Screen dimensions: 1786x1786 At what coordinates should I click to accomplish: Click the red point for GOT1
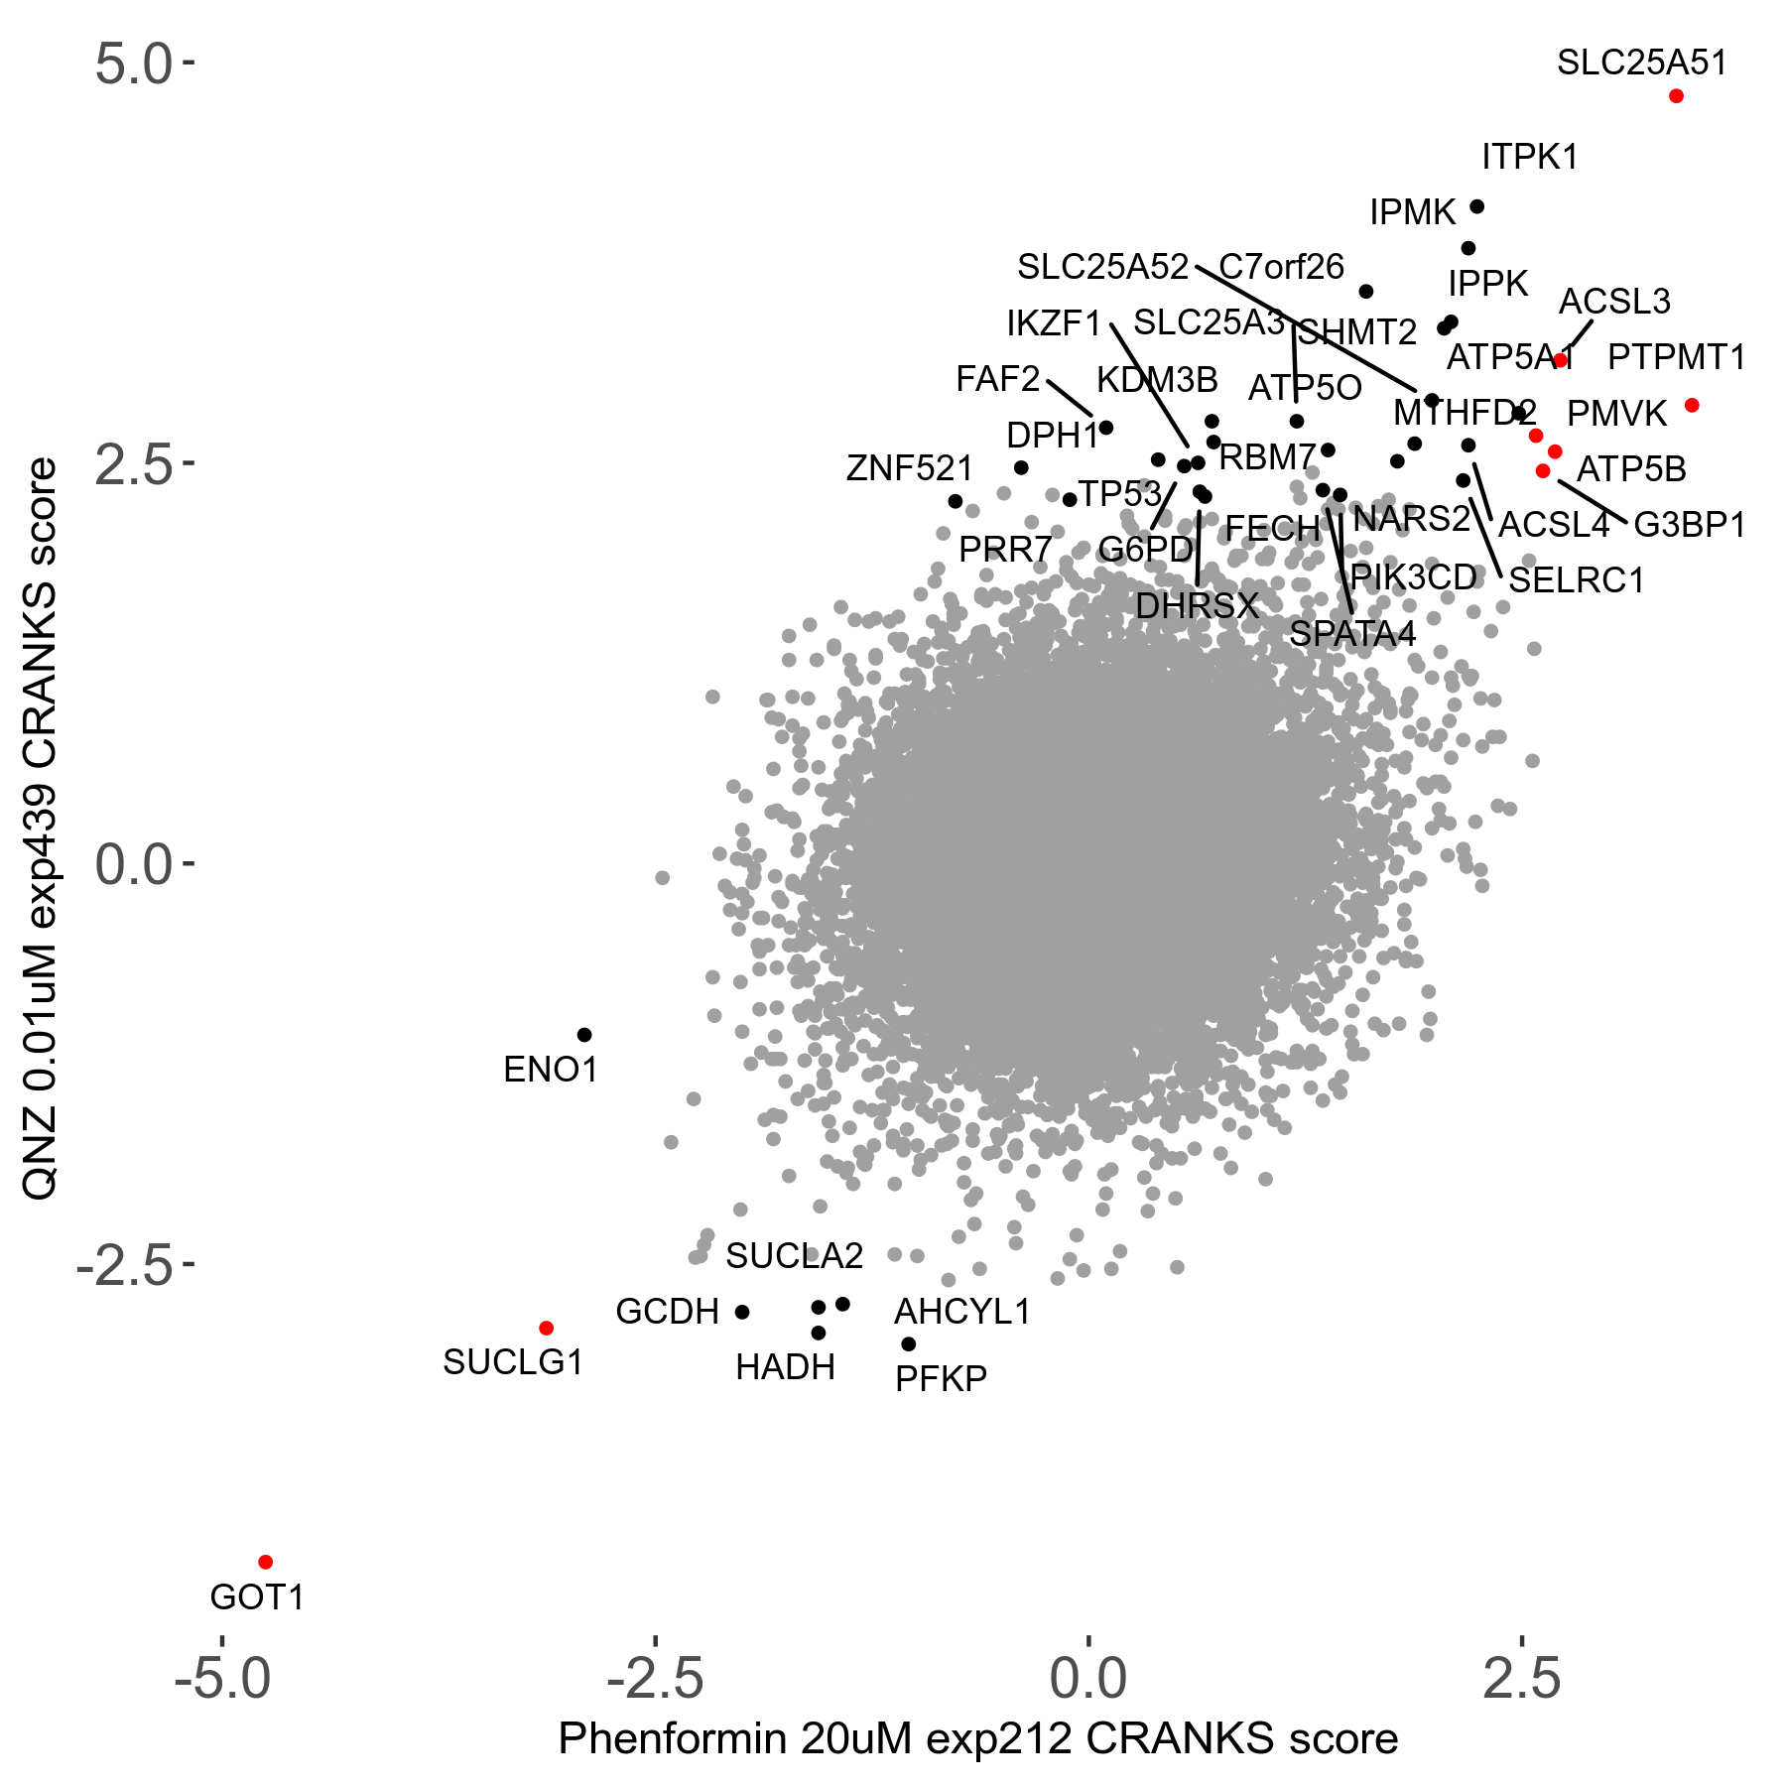pyautogui.click(x=265, y=1562)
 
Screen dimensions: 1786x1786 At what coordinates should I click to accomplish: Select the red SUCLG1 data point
pyautogui.click(x=546, y=1328)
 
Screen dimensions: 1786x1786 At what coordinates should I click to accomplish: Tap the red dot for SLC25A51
pyautogui.click(x=1676, y=96)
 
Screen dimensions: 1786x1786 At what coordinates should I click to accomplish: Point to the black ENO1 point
pyautogui.click(x=584, y=1035)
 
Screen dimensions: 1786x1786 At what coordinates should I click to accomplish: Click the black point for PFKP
pyautogui.click(x=908, y=1344)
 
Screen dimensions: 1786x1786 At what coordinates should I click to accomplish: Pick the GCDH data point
pyautogui.click(x=742, y=1312)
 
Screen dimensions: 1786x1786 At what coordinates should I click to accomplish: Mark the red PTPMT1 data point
pyautogui.click(x=1692, y=405)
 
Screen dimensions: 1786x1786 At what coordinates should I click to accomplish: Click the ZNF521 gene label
pyautogui.click(x=909, y=468)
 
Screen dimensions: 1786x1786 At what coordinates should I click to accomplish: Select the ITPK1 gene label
pyautogui.click(x=1529, y=157)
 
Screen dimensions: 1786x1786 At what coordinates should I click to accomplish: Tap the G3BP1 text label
pyautogui.click(x=1689, y=525)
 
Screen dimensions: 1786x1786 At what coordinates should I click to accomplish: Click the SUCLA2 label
pyautogui.click(x=794, y=1256)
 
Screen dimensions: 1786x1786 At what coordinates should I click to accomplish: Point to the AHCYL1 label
pyautogui.click(x=962, y=1312)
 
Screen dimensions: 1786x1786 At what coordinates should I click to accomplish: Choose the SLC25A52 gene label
pyautogui.click(x=1102, y=267)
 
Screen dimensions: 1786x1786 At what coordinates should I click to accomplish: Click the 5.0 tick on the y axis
pyautogui.click(x=134, y=64)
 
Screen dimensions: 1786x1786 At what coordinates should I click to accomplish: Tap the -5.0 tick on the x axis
pyautogui.click(x=222, y=1679)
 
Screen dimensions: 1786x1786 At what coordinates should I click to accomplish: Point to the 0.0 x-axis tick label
pyautogui.click(x=1088, y=1679)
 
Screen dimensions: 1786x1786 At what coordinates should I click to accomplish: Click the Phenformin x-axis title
pyautogui.click(x=977, y=1739)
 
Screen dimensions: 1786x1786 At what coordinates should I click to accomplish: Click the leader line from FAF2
pyautogui.click(x=1070, y=399)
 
